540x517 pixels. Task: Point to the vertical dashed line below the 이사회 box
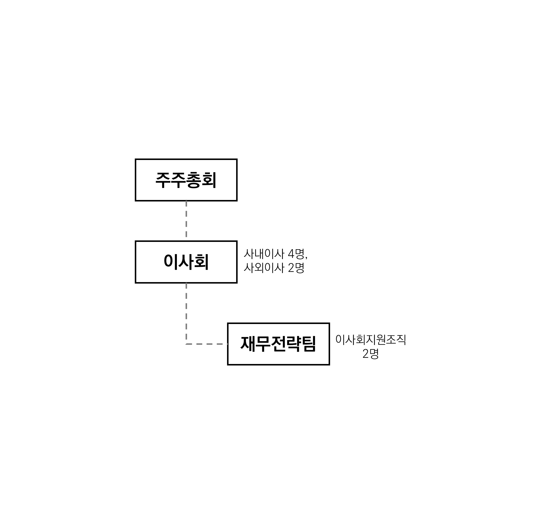click(186, 314)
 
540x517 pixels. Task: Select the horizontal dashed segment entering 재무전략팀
click(207, 344)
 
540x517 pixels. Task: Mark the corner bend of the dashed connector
click(186, 344)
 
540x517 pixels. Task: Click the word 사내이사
click(264, 254)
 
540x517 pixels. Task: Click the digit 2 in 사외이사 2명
click(291, 268)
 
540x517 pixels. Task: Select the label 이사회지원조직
click(371, 339)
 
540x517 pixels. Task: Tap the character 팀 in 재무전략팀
click(308, 344)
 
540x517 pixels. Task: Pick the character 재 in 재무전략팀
click(248, 344)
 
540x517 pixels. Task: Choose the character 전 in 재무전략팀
click(278, 344)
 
